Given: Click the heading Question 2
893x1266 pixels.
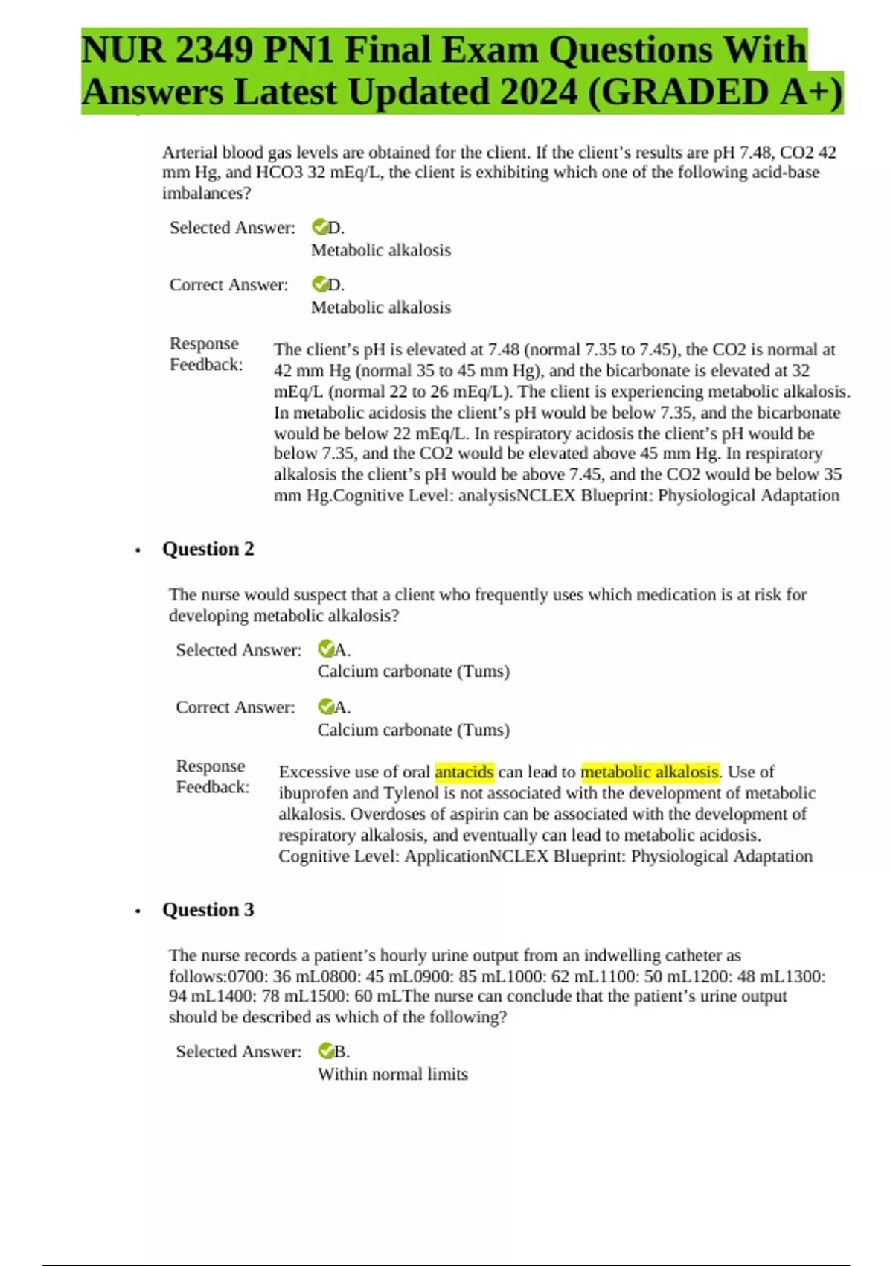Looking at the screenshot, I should tap(208, 549).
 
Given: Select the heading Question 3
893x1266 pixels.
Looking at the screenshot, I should tap(208, 909).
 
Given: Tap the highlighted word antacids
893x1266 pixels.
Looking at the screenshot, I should tap(464, 772).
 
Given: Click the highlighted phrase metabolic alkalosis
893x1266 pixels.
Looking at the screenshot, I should tap(650, 772).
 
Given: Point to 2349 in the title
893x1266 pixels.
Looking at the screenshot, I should tap(215, 51).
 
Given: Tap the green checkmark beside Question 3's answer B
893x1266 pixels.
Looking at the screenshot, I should tap(325, 1051).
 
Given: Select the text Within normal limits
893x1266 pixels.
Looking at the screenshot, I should tap(392, 1074).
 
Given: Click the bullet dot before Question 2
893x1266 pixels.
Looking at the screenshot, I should tap(138, 551).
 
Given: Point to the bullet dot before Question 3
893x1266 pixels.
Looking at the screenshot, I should tap(138, 912).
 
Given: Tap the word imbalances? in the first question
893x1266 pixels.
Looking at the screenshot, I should tap(206, 193).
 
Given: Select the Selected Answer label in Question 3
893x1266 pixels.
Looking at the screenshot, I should tap(238, 1052).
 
